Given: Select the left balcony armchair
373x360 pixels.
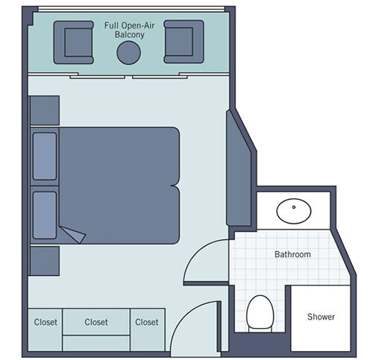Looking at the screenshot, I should [73, 42].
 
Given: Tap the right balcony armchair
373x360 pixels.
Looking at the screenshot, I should [183, 42].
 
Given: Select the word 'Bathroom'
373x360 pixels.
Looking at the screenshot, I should [292, 254].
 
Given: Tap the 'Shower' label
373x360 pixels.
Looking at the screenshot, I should [321, 317].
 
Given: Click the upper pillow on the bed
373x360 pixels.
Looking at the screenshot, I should [45, 157].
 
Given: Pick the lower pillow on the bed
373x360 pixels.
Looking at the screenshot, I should [45, 213].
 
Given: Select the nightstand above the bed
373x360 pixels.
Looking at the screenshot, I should [44, 110].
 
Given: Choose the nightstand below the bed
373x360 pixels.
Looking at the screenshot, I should [44, 261].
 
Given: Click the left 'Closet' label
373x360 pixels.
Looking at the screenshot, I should [46, 323].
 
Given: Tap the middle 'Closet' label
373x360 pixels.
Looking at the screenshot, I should [96, 323].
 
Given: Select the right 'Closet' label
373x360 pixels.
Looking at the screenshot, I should [146, 323].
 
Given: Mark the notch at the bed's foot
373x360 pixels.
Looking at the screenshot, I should [176, 185].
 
